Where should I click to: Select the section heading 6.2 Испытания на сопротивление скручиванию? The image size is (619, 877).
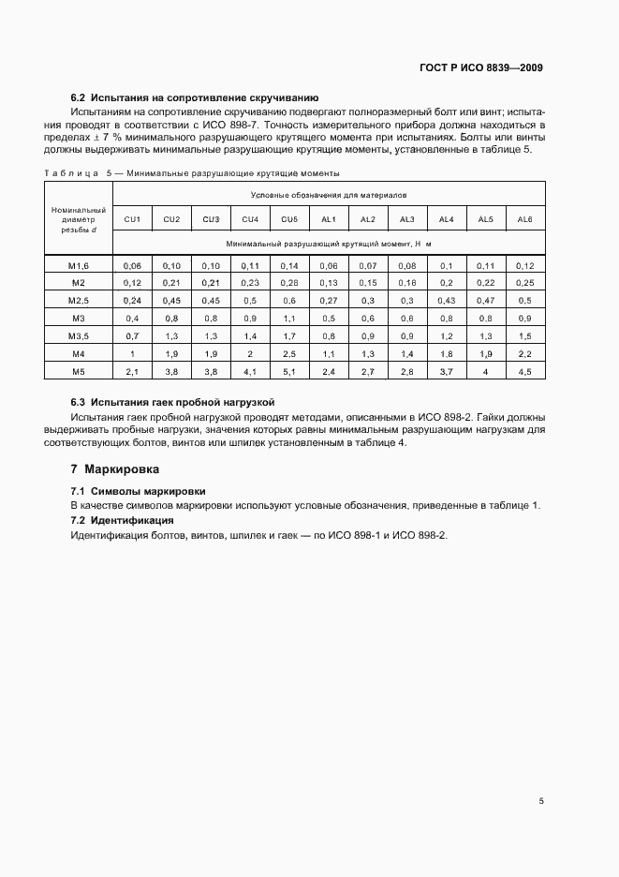point(196,97)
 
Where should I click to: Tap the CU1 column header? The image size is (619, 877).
point(132,219)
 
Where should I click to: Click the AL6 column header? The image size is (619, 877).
point(524,219)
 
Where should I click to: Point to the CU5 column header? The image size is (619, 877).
point(289,219)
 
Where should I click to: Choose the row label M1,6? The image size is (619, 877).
point(78,266)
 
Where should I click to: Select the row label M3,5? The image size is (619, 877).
point(78,335)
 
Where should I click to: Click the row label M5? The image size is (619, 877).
point(78,371)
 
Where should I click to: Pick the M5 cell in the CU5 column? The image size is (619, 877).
point(289,371)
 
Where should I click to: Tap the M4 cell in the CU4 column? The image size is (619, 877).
point(250,353)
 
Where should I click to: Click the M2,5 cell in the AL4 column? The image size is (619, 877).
point(446,301)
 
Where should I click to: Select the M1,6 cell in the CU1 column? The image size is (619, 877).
point(132,266)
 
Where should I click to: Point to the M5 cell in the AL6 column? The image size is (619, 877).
point(524,371)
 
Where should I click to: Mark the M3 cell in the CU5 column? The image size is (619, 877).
point(289,319)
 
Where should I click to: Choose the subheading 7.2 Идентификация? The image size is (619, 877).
point(123,520)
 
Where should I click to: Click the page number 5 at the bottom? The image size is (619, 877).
point(540,801)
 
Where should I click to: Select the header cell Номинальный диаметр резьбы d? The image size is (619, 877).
point(78,219)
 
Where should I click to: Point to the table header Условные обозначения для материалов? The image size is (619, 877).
point(328,195)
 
